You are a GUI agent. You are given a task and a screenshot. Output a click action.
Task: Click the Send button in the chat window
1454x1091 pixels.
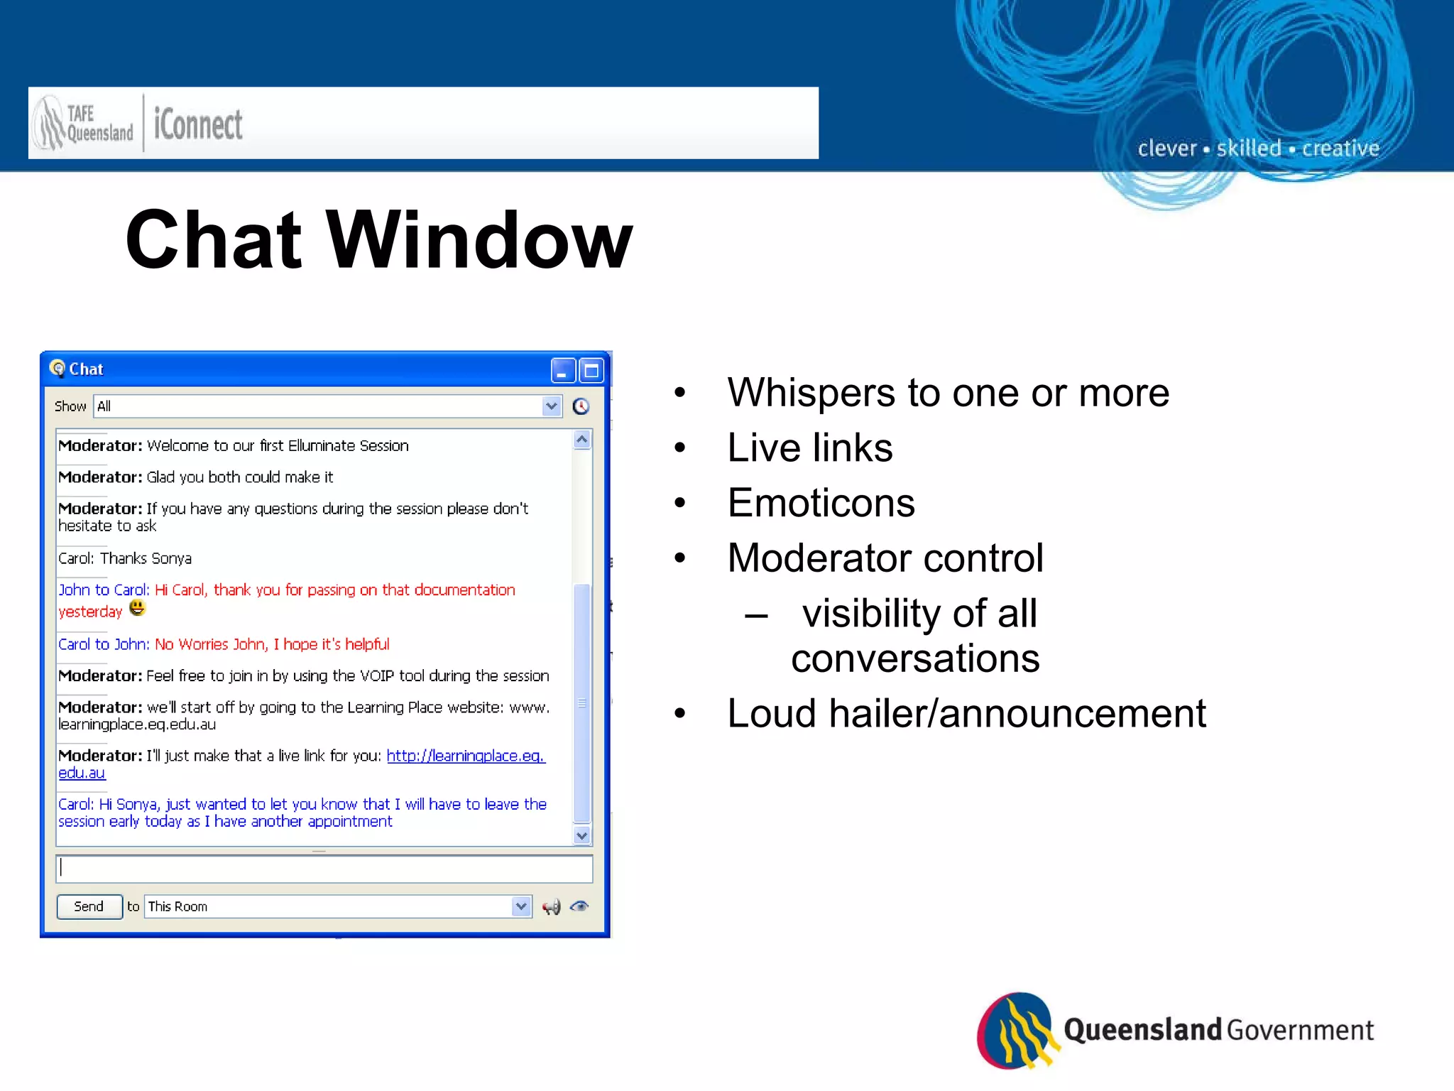click(x=89, y=906)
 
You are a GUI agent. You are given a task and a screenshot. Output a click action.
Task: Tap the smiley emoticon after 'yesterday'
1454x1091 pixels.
click(x=137, y=608)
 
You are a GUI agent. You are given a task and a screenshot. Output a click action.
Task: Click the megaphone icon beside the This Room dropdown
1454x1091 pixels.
click(x=551, y=907)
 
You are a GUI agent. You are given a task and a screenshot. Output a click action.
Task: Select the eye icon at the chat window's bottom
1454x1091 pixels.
click(x=579, y=906)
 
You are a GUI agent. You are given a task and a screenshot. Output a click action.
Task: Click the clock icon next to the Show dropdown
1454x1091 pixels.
click(x=581, y=406)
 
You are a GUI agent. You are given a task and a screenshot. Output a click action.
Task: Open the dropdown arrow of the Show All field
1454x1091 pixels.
click(x=552, y=406)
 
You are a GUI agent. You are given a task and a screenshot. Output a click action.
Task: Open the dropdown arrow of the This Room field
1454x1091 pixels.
click(x=521, y=906)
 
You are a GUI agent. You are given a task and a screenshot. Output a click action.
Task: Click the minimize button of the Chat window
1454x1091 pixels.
click(x=562, y=370)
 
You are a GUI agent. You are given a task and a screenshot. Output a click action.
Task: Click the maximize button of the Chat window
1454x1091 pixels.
click(x=591, y=370)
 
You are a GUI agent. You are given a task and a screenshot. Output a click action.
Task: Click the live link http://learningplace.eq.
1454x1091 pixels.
click(x=465, y=756)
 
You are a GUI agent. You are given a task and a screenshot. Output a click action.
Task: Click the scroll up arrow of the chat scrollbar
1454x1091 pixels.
click(x=582, y=440)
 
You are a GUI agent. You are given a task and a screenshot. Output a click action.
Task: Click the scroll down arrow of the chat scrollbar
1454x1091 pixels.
click(x=582, y=835)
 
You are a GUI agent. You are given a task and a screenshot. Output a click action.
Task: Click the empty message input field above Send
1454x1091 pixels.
click(x=324, y=868)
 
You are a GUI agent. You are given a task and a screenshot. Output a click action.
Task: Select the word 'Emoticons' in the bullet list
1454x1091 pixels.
click(x=821, y=503)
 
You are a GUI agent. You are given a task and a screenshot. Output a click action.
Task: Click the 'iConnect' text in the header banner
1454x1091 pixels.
click(x=198, y=125)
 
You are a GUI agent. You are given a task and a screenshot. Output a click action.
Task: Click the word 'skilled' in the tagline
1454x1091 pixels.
click(x=1248, y=148)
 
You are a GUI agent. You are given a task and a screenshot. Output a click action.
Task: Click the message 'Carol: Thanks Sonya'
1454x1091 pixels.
click(x=125, y=558)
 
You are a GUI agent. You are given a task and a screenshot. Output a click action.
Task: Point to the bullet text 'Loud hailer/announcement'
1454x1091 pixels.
click(x=966, y=713)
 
